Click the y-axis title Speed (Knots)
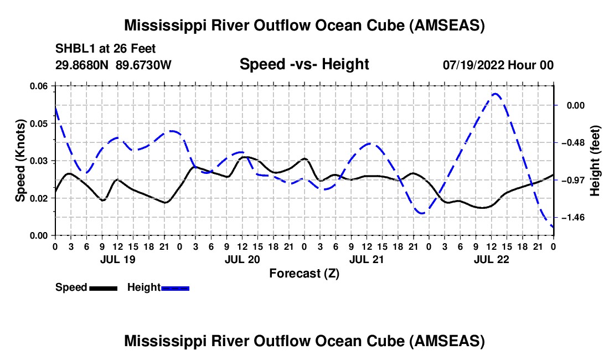20,161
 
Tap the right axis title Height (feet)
595,161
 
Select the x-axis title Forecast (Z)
304,273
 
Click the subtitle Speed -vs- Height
304,65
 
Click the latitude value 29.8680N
82,65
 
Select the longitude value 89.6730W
144,65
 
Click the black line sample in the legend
103,288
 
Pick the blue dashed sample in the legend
176,288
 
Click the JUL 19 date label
118,259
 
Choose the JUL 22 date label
491,259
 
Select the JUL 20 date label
242,259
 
